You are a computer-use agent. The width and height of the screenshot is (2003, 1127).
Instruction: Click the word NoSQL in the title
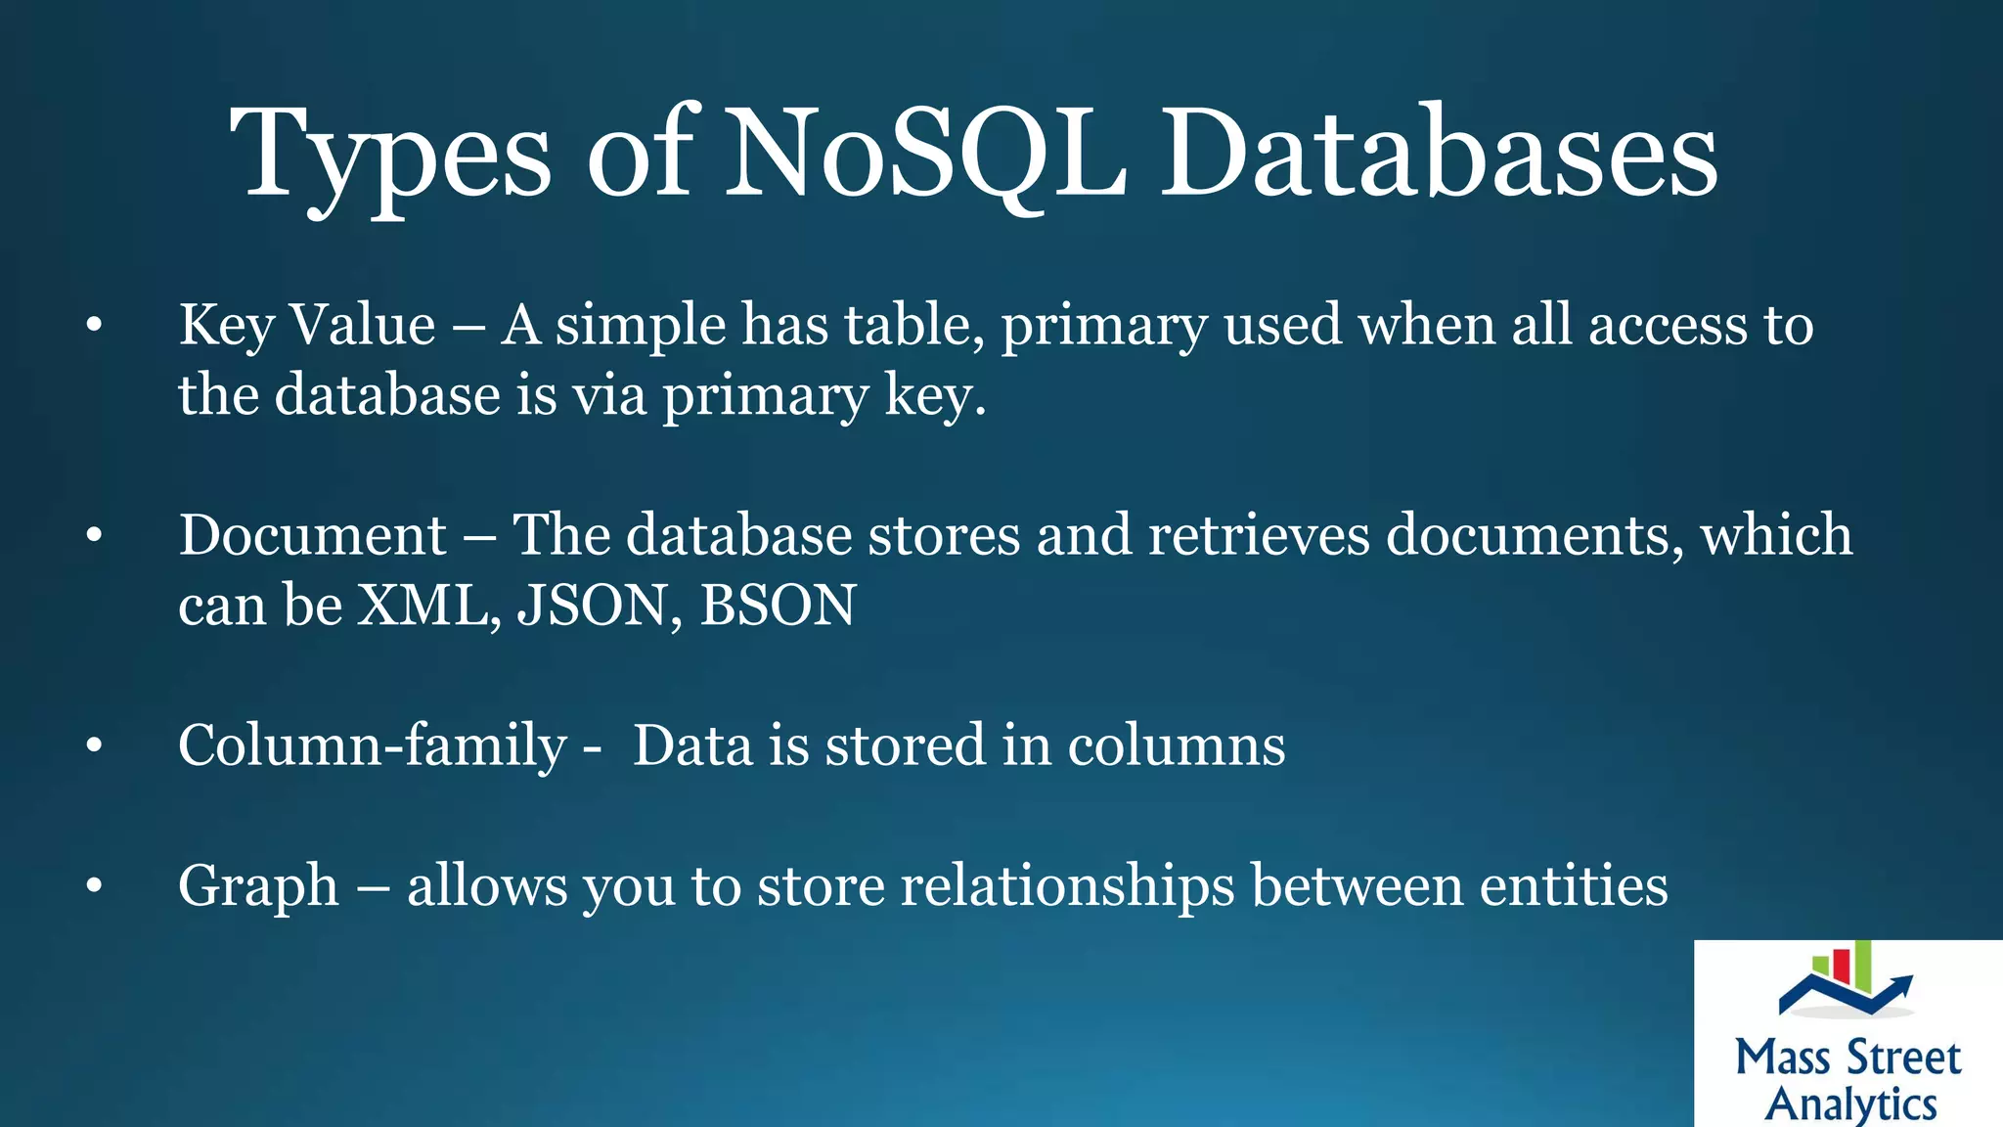924,155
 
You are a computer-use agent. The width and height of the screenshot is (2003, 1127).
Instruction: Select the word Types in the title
390,157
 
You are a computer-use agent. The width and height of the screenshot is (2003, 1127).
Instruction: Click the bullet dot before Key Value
94,326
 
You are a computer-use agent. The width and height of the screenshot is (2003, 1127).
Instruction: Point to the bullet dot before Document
94,536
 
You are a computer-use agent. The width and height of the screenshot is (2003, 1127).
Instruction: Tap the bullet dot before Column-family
94,746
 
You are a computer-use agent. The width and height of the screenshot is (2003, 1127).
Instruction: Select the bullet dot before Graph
94,886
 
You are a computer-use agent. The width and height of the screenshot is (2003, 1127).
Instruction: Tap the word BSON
778,605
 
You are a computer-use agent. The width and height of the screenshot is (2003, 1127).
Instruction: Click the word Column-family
372,746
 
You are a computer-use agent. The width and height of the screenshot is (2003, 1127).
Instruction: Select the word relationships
1067,886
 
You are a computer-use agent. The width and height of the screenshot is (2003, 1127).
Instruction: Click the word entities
1574,885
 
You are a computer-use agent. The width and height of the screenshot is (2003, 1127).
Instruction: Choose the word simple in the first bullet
640,327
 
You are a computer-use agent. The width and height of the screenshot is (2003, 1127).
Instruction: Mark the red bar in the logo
1842,965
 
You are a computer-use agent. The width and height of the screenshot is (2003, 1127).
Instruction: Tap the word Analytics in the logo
1850,1104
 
